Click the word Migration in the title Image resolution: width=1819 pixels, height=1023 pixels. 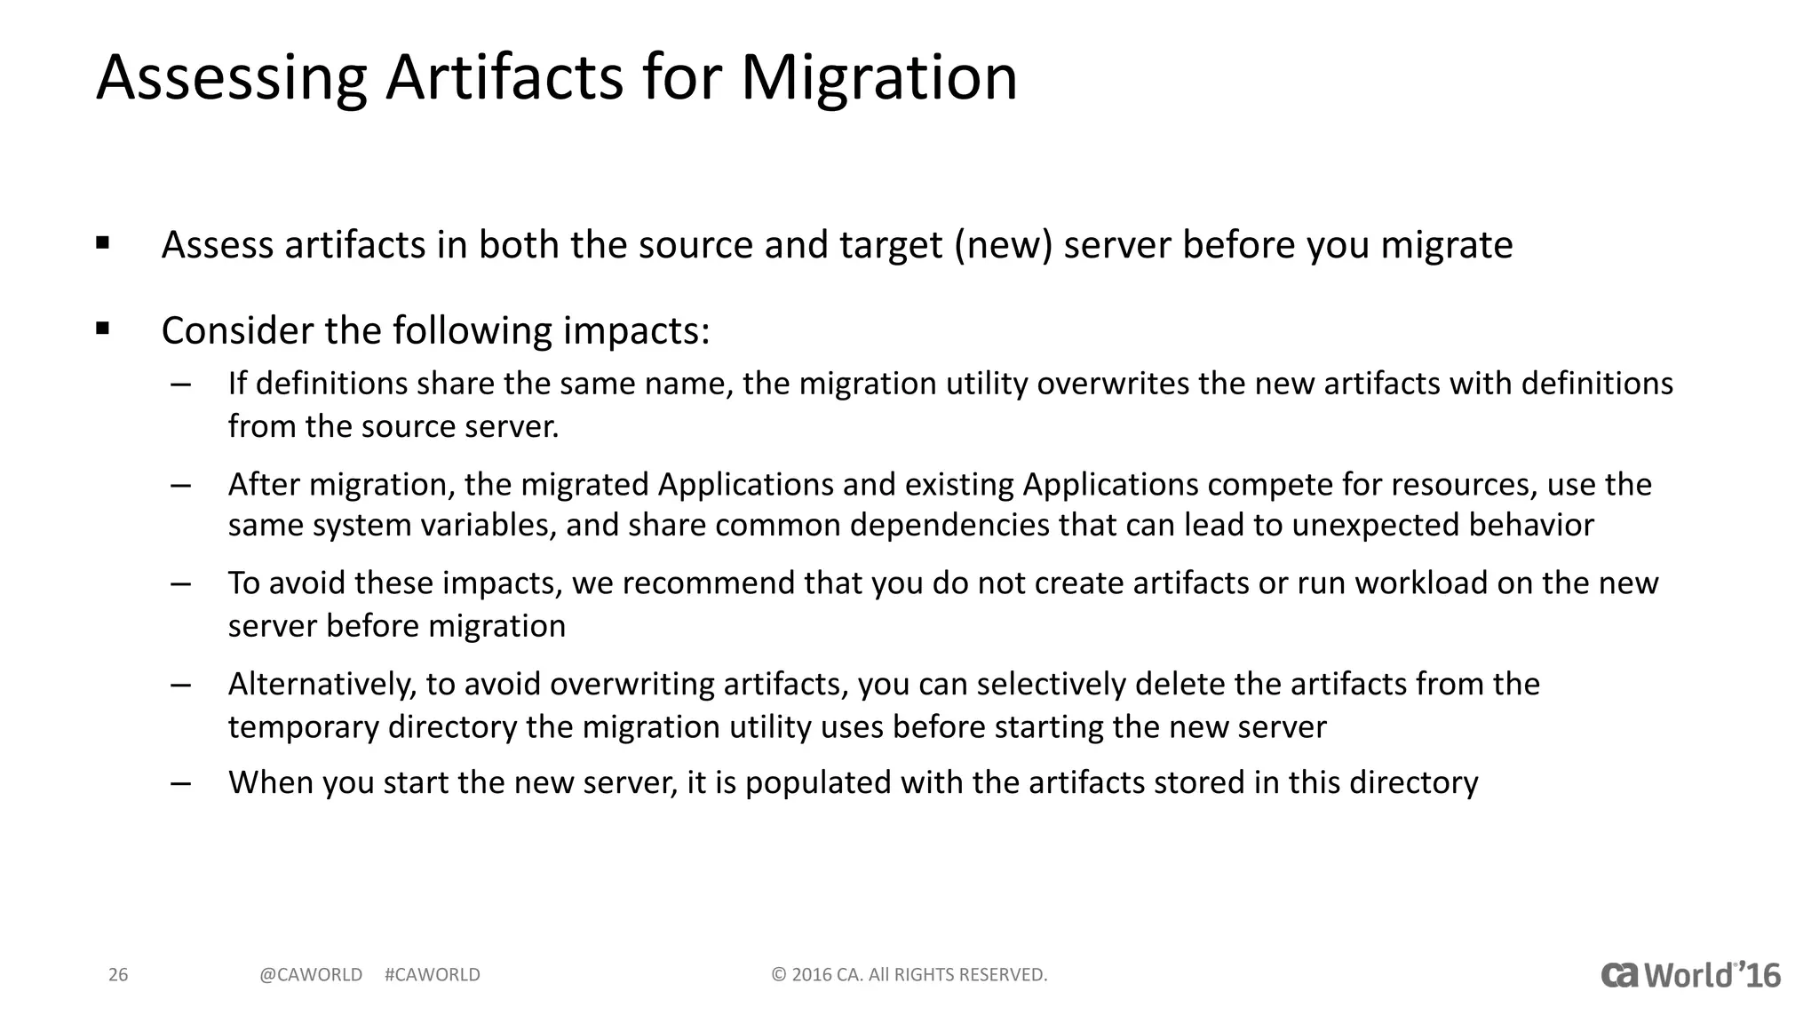coord(878,78)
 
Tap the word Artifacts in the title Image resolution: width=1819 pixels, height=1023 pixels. coord(504,78)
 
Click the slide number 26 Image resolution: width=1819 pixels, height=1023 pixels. coord(118,975)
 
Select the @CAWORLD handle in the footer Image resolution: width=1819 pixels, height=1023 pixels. coord(311,975)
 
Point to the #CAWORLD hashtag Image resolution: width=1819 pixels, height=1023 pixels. coord(433,975)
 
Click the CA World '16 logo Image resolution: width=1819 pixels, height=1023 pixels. coord(1690,975)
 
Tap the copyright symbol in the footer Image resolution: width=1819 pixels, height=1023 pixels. coord(779,975)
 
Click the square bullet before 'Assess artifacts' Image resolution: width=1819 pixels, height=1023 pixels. coord(103,242)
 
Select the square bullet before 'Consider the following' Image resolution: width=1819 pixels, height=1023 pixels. coord(103,329)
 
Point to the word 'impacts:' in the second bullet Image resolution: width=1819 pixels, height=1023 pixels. coord(637,331)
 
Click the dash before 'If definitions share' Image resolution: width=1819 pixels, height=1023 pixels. coord(181,385)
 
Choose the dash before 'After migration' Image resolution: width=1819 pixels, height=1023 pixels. coord(181,486)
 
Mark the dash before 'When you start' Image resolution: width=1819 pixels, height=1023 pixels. coord(181,784)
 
